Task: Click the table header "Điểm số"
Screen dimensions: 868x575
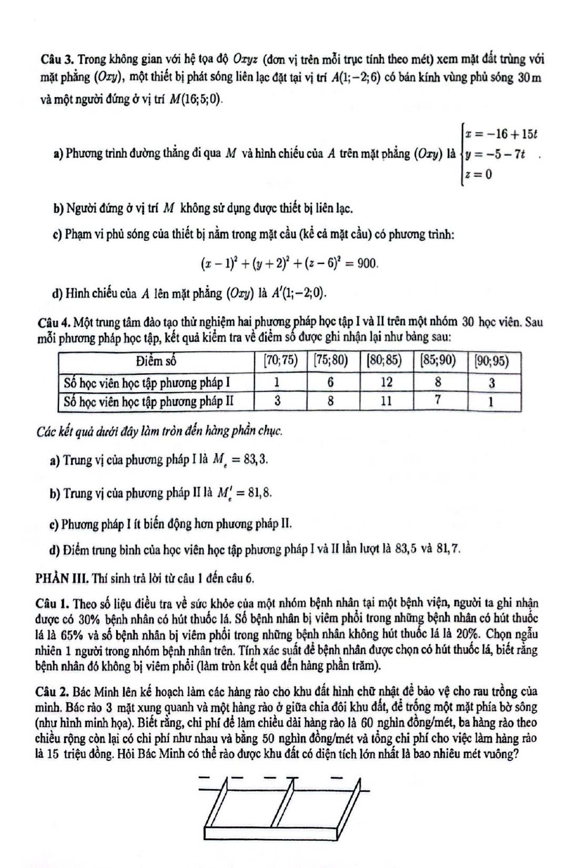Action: click(155, 361)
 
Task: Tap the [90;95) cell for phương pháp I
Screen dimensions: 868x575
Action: click(491, 382)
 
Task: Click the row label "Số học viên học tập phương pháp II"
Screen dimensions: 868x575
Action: click(148, 401)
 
